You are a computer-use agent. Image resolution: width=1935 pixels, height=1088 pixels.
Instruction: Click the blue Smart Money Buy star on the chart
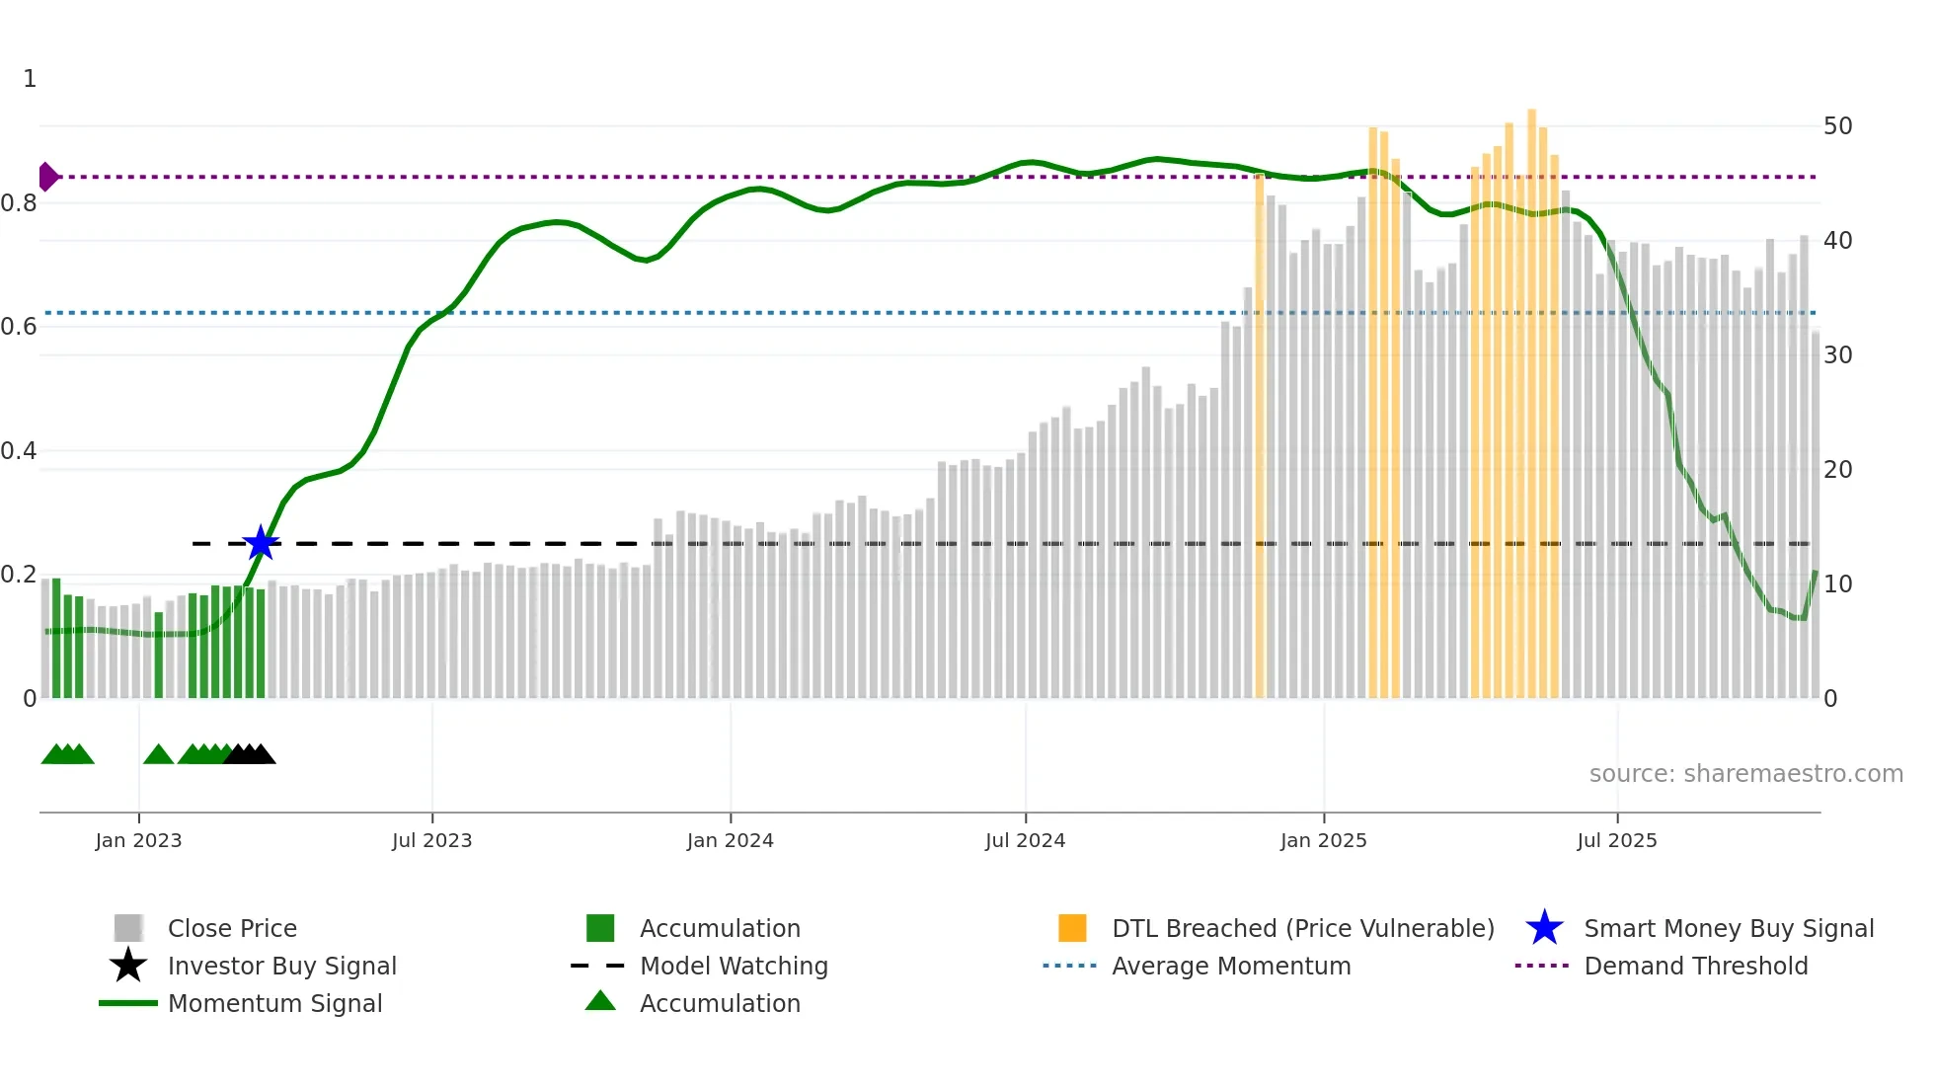261,543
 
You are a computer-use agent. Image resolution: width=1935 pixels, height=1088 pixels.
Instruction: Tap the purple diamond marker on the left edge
47,177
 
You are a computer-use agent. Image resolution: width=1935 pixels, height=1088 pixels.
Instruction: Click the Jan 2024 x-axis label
730,840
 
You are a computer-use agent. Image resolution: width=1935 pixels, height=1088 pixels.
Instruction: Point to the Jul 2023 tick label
431,840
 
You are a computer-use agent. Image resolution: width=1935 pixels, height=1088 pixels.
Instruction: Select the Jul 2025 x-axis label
1616,840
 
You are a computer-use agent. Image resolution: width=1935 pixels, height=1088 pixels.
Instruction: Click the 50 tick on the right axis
1837,126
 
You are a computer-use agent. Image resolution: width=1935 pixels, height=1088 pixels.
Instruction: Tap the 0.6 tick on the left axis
20,327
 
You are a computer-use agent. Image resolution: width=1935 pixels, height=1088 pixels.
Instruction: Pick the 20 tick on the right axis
1837,470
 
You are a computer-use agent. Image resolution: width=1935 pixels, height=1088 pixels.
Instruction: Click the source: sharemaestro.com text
1745,773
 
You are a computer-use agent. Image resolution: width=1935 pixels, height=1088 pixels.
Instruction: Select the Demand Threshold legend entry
1695,966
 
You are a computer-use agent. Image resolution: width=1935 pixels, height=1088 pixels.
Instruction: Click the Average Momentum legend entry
1230,966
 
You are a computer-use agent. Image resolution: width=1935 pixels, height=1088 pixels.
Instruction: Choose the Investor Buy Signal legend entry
281,966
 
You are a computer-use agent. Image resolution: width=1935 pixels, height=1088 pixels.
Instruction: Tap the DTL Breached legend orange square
1072,928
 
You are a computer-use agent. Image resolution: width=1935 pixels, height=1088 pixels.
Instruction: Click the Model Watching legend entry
733,966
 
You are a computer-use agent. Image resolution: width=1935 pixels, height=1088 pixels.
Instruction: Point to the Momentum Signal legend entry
274,1003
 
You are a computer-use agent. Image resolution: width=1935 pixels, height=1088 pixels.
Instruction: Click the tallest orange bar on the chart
1531,395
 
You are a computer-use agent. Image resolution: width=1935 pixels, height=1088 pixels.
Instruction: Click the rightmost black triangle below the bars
262,755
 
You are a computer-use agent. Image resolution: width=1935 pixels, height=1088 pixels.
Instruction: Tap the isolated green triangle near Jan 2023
158,755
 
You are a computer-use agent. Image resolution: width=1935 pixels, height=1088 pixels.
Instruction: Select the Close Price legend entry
231,928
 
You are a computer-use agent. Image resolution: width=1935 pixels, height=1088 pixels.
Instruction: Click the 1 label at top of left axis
30,79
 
